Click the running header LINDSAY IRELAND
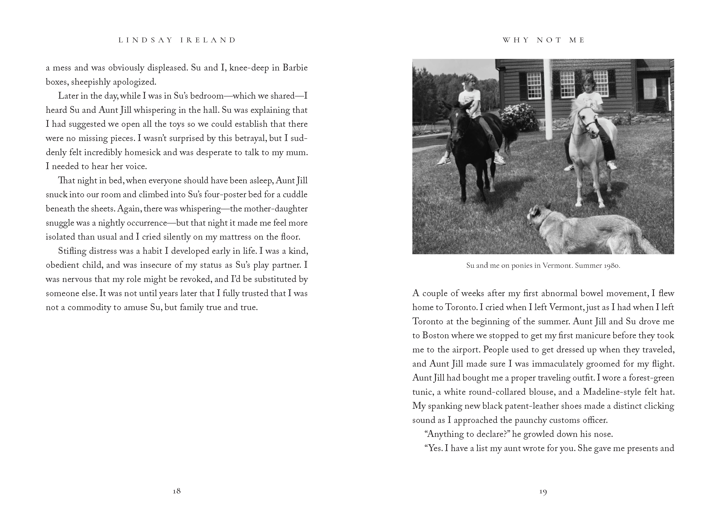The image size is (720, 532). [177, 40]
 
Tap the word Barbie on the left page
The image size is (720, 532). [295, 68]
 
